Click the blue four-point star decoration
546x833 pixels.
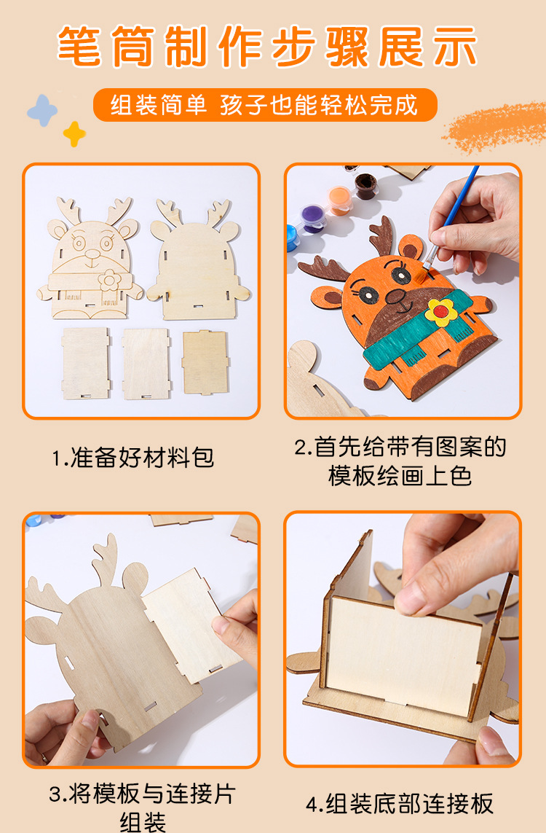[x=42, y=111]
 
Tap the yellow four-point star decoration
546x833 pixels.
[x=74, y=134]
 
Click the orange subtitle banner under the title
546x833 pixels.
[x=265, y=105]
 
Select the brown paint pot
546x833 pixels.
[x=365, y=185]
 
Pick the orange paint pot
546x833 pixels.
[x=339, y=200]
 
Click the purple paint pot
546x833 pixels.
[x=312, y=219]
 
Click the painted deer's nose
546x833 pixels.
[x=395, y=297]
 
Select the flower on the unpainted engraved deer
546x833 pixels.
[x=109, y=280]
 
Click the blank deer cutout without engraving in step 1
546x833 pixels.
[x=198, y=260]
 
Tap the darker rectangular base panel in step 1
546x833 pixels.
[x=205, y=363]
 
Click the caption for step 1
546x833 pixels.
[x=132, y=458]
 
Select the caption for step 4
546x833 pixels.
[x=400, y=803]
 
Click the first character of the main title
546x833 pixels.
[x=79, y=46]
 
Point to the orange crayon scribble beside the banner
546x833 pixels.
[x=494, y=128]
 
